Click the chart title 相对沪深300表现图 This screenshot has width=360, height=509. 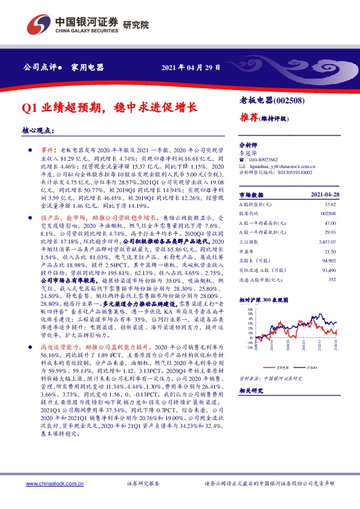pos(264,300)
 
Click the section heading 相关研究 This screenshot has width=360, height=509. pos(251,391)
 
